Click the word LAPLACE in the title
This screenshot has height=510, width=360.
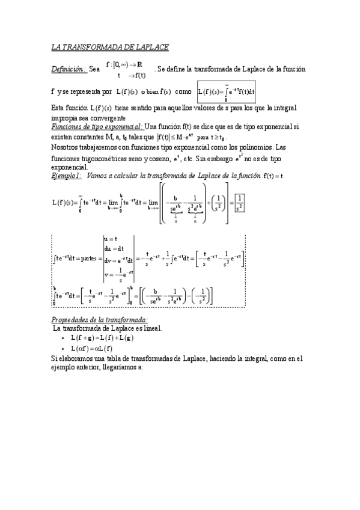150,46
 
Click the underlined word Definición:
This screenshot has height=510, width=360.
69,70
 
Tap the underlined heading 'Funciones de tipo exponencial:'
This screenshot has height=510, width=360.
97,127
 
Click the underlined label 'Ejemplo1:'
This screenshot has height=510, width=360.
66,176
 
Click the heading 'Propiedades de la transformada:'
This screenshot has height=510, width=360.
100,320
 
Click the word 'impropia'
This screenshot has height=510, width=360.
64,118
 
